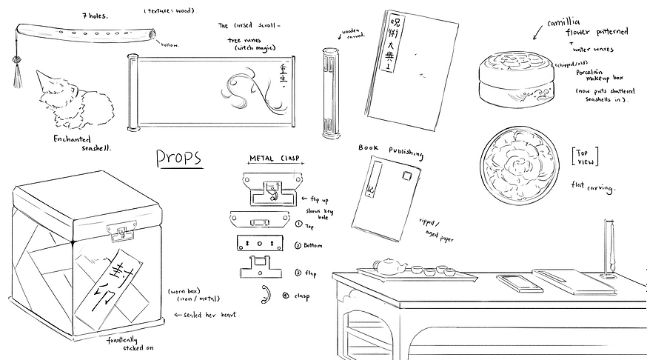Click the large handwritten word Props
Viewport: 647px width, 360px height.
[x=178, y=158]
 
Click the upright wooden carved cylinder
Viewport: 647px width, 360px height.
[x=329, y=93]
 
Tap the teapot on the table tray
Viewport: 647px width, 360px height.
[x=386, y=265]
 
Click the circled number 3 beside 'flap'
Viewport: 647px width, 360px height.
[x=298, y=273]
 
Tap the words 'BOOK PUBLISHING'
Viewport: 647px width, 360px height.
[x=390, y=150]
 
